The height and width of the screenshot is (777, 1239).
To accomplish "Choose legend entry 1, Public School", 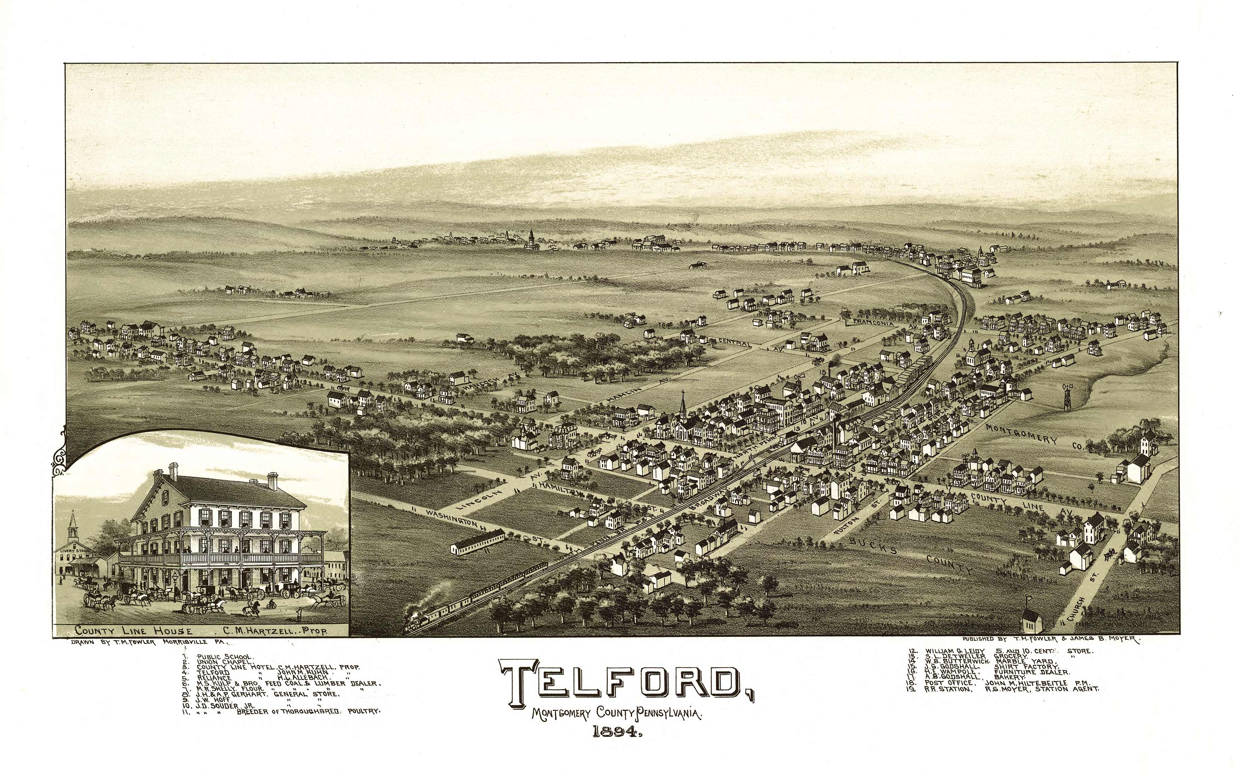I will [x=224, y=657].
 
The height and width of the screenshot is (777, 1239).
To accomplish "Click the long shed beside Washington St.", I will [x=477, y=542].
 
